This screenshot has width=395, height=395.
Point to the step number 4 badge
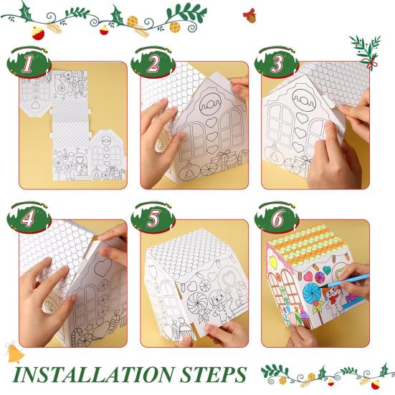29,218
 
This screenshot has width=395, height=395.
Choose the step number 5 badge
153,218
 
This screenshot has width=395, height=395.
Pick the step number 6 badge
277,218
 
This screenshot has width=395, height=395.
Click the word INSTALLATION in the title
94,375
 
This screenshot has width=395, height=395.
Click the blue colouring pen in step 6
344,282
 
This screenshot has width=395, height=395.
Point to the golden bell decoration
14,352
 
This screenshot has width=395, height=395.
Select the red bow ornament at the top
250,15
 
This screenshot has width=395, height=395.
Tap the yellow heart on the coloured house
272,261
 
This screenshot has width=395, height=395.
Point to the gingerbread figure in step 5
220,305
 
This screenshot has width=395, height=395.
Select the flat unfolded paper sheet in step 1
73,125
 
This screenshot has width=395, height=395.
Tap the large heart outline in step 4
103,267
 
